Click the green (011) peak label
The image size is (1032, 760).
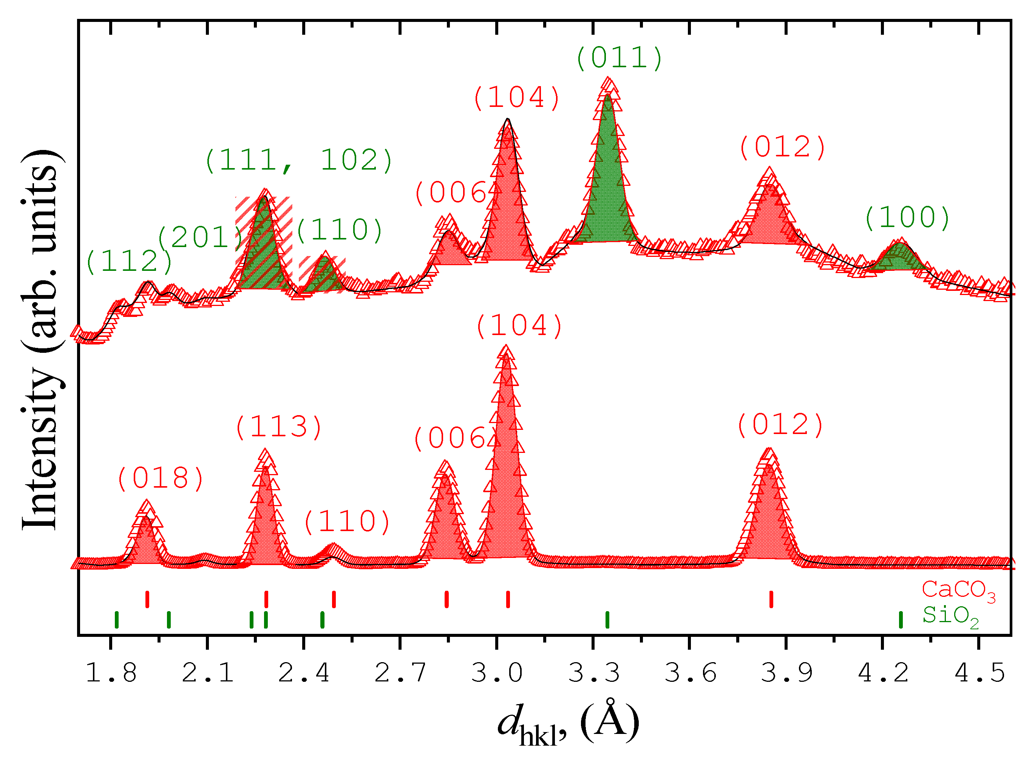tap(619, 59)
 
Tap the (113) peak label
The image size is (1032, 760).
tap(279, 427)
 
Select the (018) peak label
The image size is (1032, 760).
tap(161, 479)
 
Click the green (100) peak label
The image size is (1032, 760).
tap(907, 218)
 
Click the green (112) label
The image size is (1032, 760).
tap(129, 262)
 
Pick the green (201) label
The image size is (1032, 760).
tap(200, 238)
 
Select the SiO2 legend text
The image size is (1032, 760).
tap(950, 616)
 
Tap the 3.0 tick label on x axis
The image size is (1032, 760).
tap(497, 673)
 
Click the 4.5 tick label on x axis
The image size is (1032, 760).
tap(979, 673)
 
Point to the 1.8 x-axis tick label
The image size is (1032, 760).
tap(111, 673)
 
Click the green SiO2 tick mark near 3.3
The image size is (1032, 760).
tap(607, 620)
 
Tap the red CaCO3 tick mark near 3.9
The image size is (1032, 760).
tap(771, 599)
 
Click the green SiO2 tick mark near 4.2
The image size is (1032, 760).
tap(901, 620)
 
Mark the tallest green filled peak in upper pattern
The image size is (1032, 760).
tap(608, 184)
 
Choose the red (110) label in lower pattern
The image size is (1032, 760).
tap(347, 522)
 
